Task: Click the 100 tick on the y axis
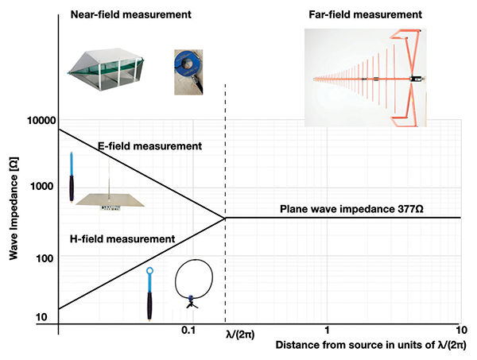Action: click(45, 258)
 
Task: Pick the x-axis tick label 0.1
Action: click(188, 330)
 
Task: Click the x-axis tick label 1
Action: click(327, 330)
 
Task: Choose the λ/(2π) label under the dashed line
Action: click(235, 335)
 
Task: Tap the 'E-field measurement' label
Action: click(149, 146)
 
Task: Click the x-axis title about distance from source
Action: click(370, 346)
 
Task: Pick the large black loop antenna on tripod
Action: click(193, 282)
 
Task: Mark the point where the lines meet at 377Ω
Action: click(226, 217)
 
